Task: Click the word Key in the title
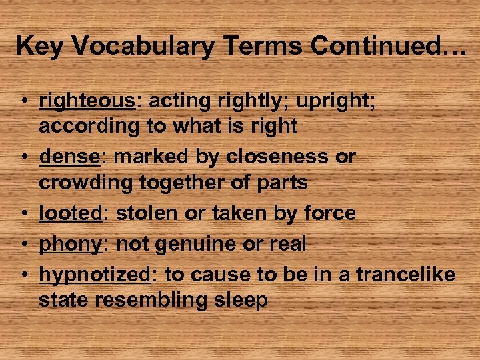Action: point(41,46)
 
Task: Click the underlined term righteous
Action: point(87,101)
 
